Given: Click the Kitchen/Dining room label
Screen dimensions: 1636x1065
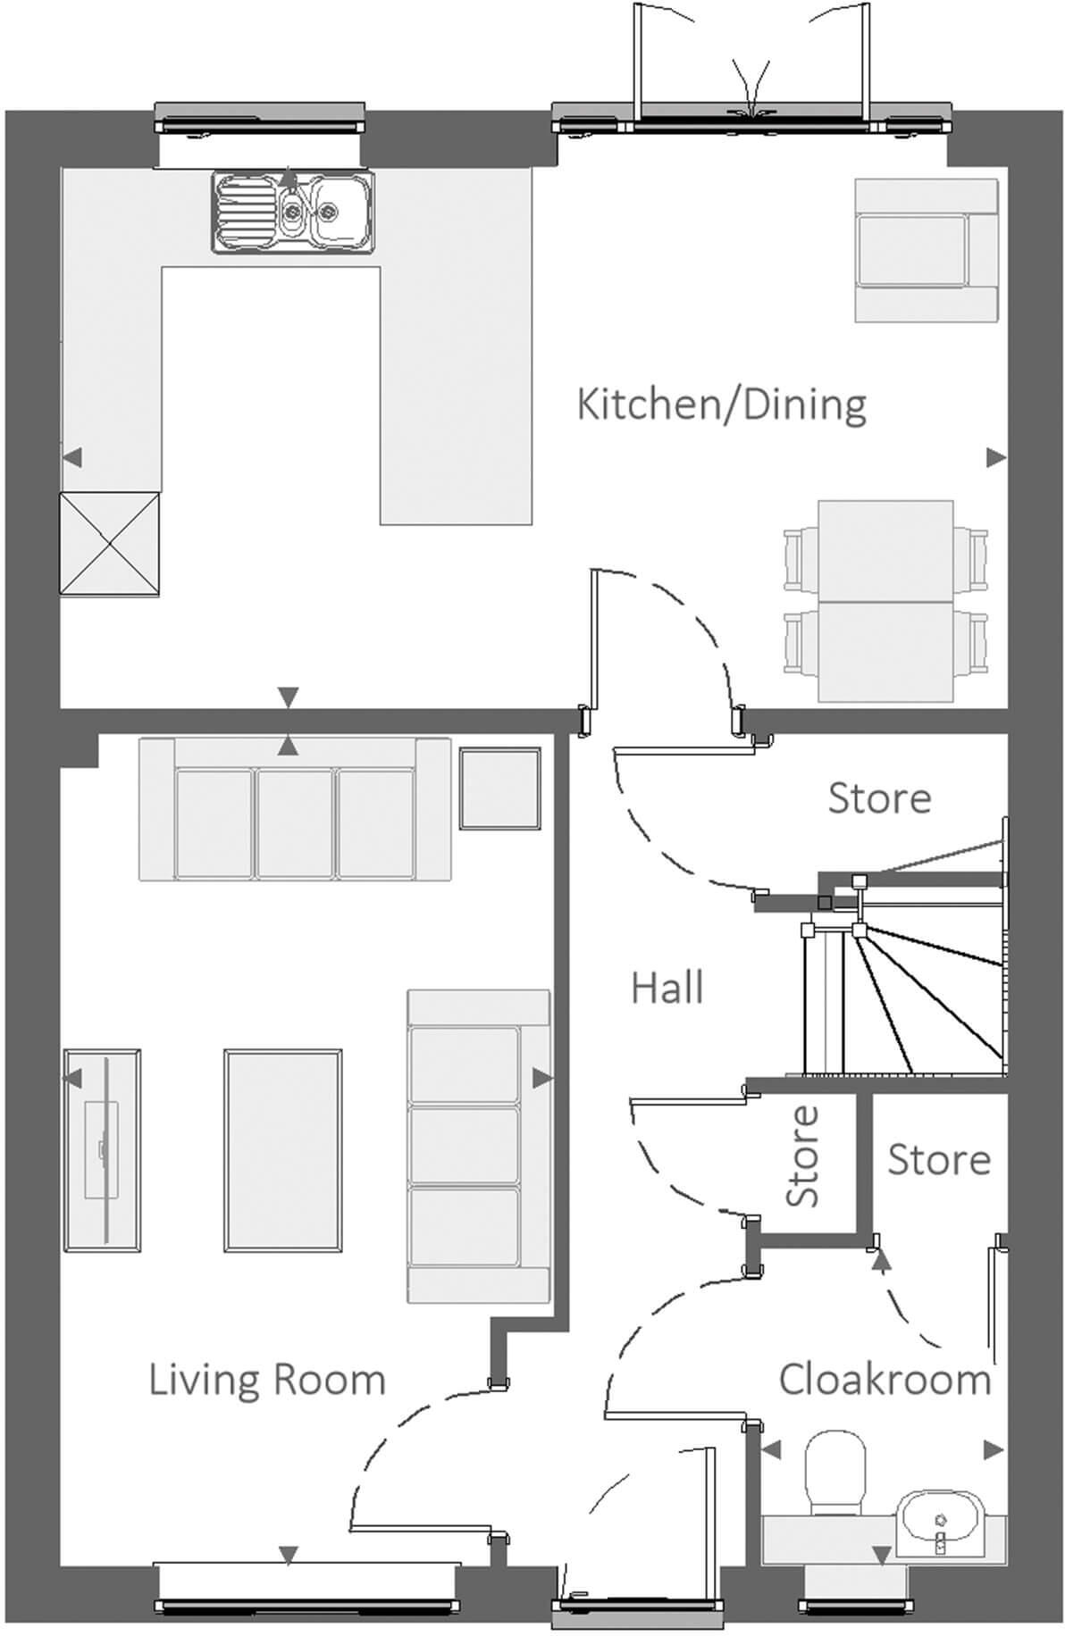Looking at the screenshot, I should pyautogui.click(x=721, y=405).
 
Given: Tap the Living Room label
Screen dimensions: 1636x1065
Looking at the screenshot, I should pyautogui.click(x=266, y=1380).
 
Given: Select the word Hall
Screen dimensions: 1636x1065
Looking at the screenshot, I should pyautogui.click(x=667, y=989).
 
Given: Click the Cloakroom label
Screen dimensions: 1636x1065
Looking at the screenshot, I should pyautogui.click(x=885, y=1380).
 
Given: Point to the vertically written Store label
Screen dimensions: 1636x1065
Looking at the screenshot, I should pyautogui.click(x=802, y=1156).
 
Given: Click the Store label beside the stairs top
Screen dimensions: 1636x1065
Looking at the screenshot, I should pyautogui.click(x=879, y=798).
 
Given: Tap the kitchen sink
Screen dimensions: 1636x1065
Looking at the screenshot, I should pyautogui.click(x=293, y=212).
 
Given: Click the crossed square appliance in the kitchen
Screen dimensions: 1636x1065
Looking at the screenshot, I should pyautogui.click(x=109, y=543).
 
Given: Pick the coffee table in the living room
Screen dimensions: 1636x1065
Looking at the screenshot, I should pyautogui.click(x=282, y=1150).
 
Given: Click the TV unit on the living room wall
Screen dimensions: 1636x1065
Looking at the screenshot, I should pyautogui.click(x=102, y=1150).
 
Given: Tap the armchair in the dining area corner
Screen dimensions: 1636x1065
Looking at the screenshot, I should pyautogui.click(x=925, y=250).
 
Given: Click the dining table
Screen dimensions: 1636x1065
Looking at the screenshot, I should pyautogui.click(x=885, y=601).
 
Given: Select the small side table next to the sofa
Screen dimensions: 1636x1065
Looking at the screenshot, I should pyautogui.click(x=500, y=789).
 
